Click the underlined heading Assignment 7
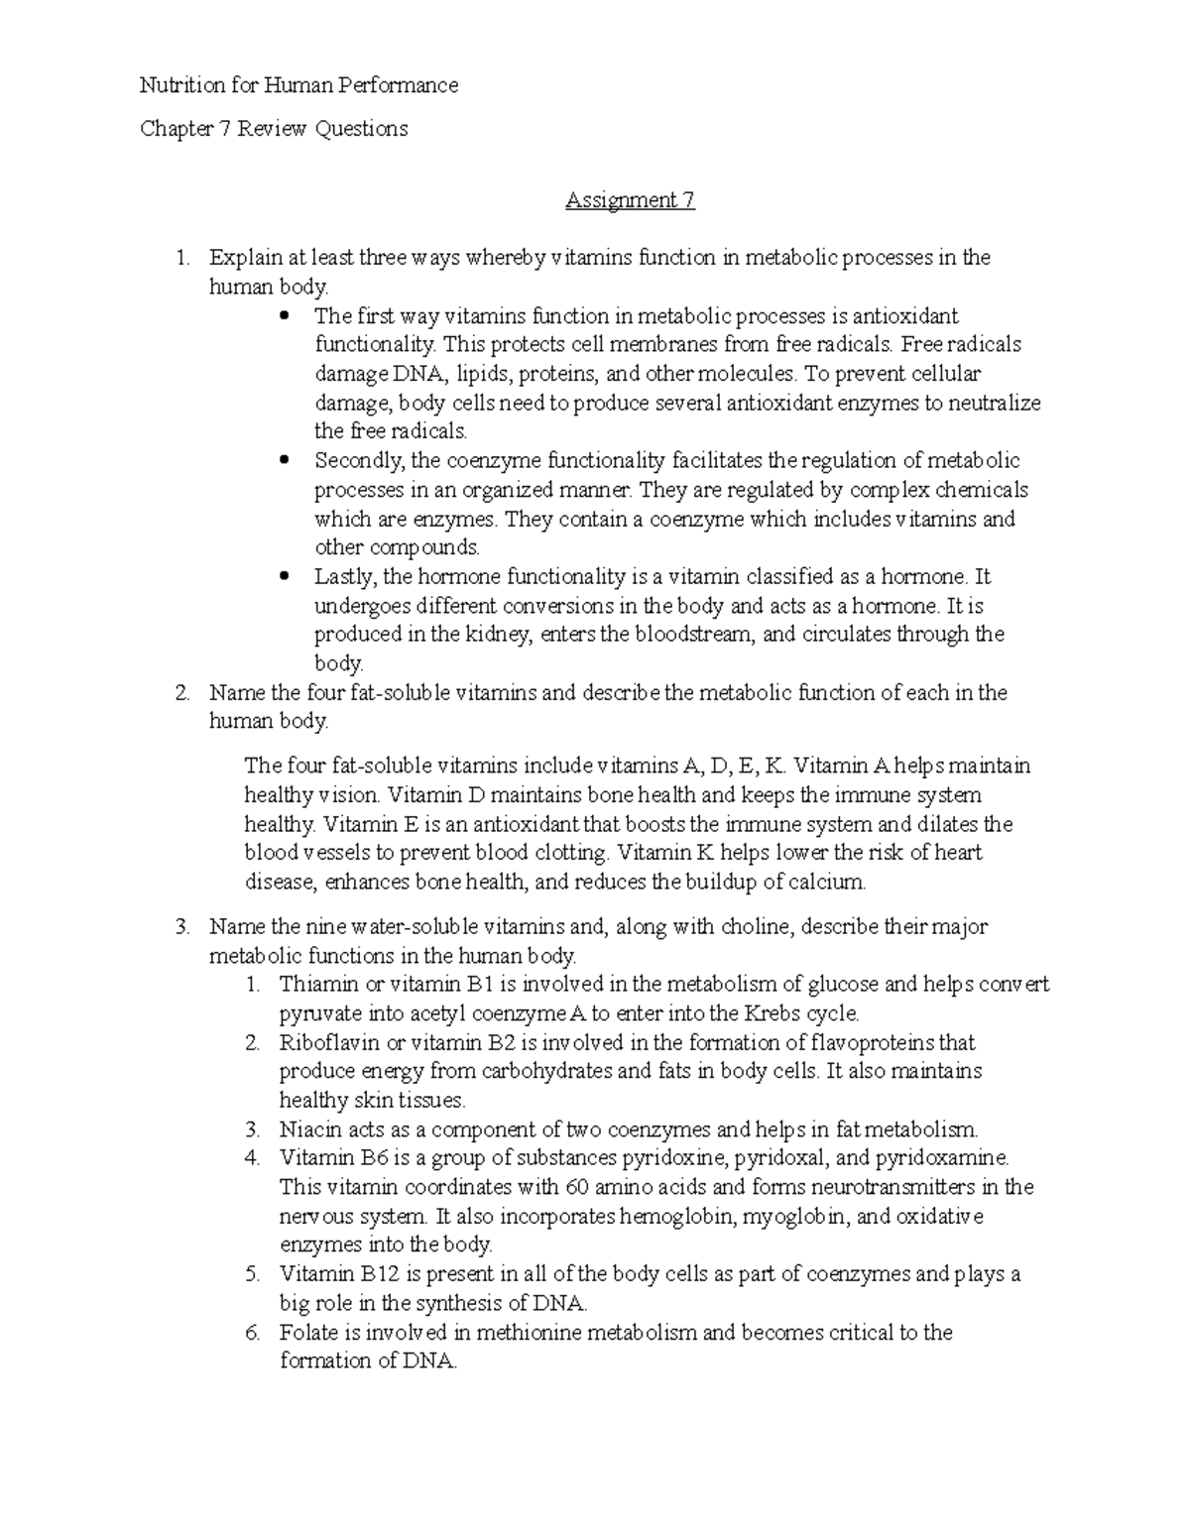click(630, 200)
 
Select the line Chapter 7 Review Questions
click(274, 129)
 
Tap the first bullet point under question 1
click(285, 317)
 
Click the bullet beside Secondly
click(285, 461)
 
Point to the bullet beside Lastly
click(285, 577)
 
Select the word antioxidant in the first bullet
click(906, 316)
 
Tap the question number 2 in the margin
click(180, 693)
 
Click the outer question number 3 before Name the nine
click(180, 927)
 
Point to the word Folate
click(307, 1333)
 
